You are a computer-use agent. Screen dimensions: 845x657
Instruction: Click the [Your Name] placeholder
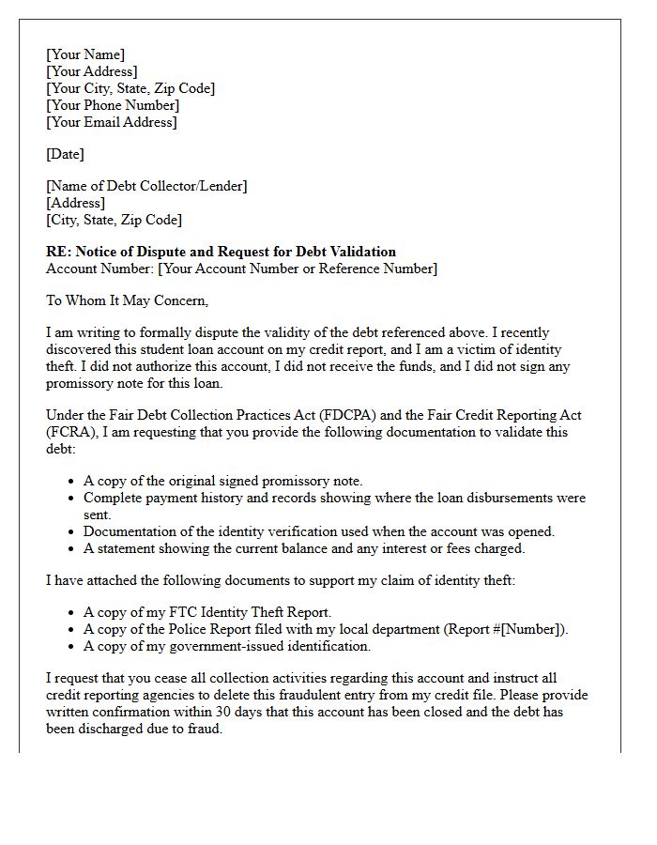[x=85, y=54]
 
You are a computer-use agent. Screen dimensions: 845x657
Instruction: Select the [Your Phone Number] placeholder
[x=112, y=105]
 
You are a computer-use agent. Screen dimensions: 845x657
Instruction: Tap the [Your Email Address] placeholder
[x=111, y=122]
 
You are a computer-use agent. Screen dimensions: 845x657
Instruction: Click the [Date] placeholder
[x=65, y=154]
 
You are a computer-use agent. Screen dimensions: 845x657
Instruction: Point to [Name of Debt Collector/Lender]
[x=146, y=186]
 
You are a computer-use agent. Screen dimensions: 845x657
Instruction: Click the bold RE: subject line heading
[x=221, y=252]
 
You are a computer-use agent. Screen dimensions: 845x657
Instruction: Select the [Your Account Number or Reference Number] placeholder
[x=298, y=269]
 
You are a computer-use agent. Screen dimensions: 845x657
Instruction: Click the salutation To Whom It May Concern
[x=127, y=300]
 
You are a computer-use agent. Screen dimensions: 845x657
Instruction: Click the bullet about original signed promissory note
[x=222, y=481]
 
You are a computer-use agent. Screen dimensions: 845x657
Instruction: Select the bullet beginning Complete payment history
[x=334, y=498]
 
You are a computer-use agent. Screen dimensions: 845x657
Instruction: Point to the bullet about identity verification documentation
[x=319, y=531]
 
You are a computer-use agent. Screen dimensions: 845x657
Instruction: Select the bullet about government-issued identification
[x=227, y=646]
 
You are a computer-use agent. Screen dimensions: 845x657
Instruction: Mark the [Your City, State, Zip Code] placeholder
[x=130, y=88]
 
